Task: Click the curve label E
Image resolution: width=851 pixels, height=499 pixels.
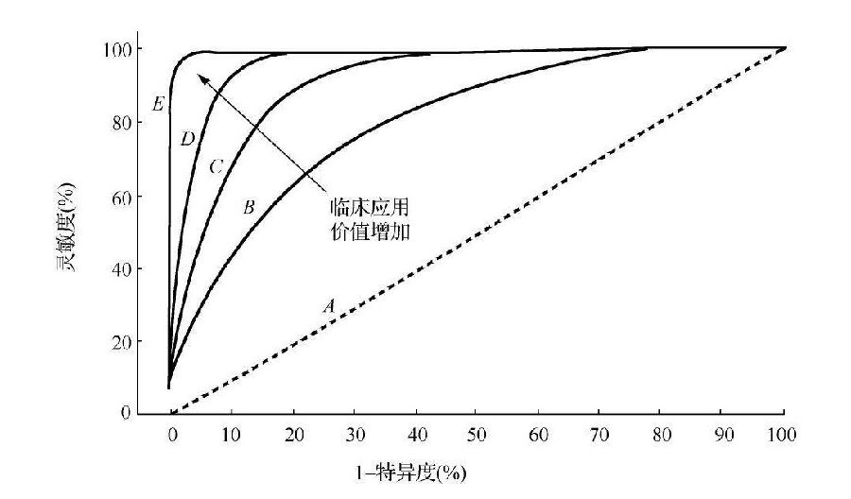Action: [158, 104]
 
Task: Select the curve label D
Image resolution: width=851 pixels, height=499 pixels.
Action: [187, 139]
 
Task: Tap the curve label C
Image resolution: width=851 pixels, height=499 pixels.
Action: [216, 167]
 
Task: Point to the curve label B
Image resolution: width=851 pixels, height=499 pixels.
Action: [249, 207]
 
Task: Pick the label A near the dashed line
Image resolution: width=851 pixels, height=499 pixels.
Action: [329, 305]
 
